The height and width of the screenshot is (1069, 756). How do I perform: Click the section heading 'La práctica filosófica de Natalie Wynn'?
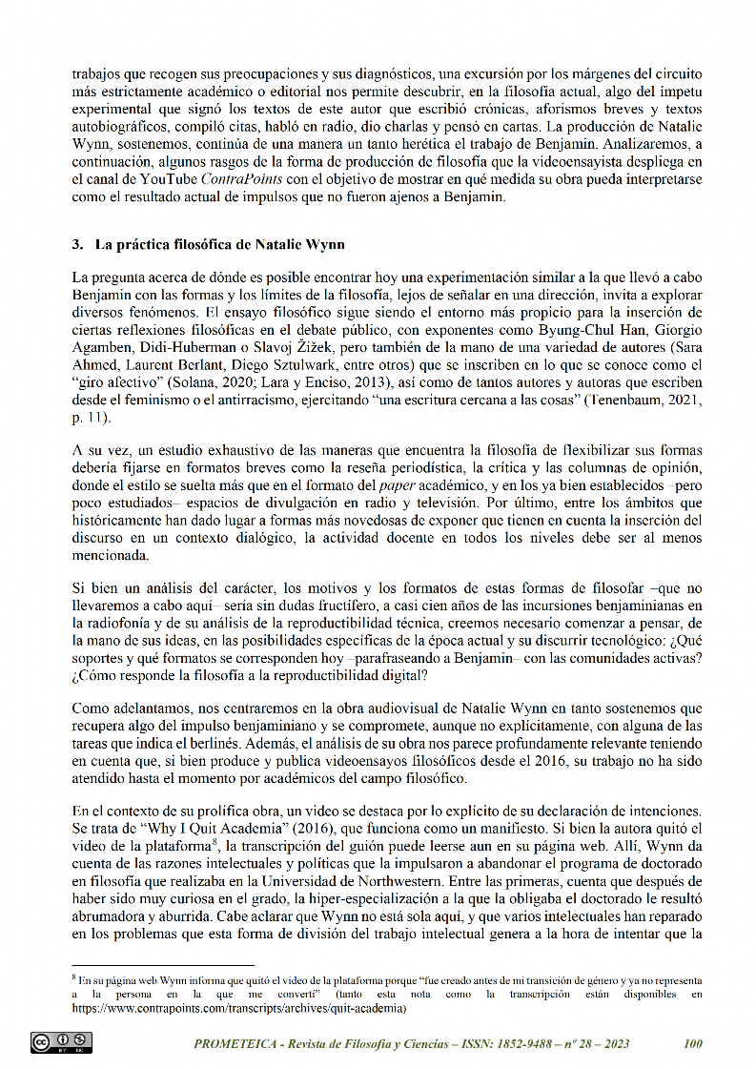click(x=177, y=244)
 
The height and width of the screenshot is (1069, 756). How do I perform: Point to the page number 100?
click(x=693, y=1043)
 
